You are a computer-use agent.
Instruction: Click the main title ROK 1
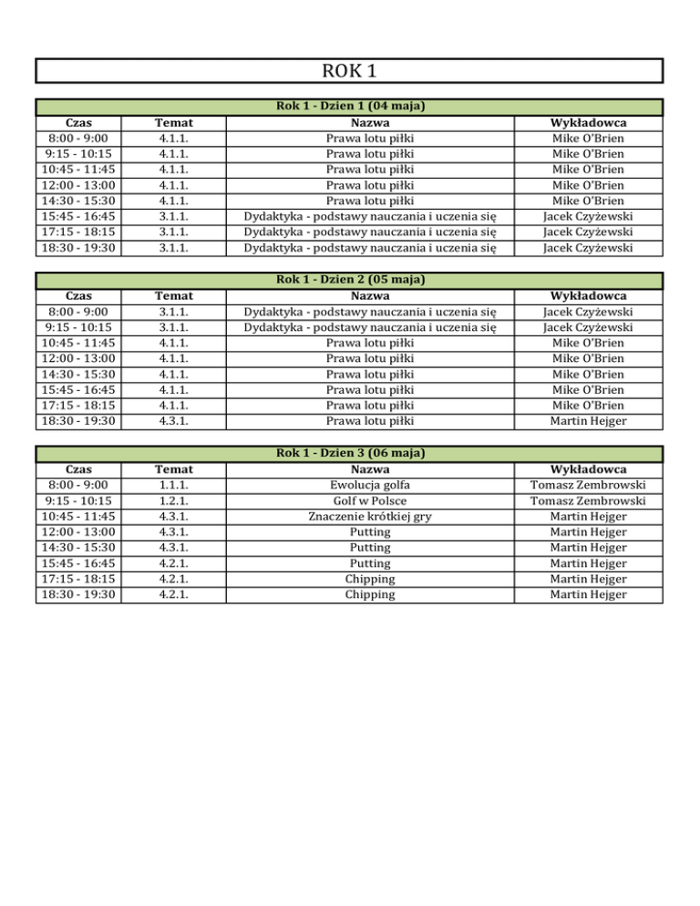coord(349,71)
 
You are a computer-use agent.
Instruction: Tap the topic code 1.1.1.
coord(172,485)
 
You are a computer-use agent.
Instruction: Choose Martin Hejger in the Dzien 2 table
coord(588,421)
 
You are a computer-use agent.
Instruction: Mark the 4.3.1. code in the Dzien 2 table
coord(172,421)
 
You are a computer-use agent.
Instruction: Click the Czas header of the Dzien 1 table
coord(78,122)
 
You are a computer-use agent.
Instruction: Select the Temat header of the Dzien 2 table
coord(172,295)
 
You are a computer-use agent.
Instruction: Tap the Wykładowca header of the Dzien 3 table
coord(588,468)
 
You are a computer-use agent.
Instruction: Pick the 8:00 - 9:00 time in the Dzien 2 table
coord(78,312)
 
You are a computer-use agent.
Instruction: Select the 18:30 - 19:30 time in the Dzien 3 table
coord(78,594)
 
